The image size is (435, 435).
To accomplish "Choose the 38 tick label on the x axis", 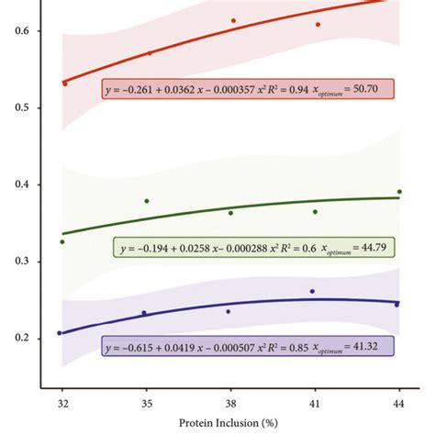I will (231, 403).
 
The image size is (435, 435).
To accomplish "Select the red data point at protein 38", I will (233, 20).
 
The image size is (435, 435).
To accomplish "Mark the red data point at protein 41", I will (318, 25).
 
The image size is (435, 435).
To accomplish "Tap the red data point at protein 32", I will (64, 84).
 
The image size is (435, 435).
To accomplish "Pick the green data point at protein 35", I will (147, 201).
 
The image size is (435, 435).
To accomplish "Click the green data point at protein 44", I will (399, 192).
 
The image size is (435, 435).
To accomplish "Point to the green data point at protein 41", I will (315, 212).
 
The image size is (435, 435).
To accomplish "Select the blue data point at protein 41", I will (312, 291).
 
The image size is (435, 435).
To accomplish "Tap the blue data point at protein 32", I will (60, 333).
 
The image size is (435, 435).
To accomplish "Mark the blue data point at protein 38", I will (229, 311).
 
